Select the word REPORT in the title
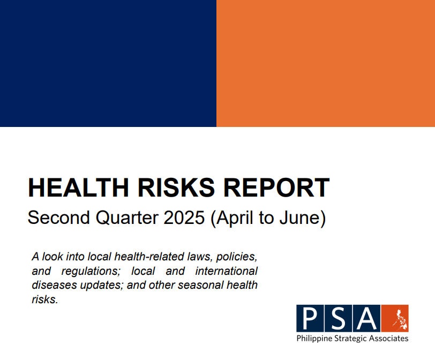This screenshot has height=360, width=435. pyautogui.click(x=274, y=187)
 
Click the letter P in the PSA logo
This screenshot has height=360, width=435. pyautogui.click(x=309, y=318)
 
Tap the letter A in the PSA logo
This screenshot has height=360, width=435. pyautogui.click(x=366, y=318)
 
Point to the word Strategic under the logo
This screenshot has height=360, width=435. pyautogui.click(x=350, y=339)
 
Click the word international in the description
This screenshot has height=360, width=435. pyautogui.click(x=227, y=271)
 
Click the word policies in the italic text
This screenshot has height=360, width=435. pyautogui.click(x=238, y=256)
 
